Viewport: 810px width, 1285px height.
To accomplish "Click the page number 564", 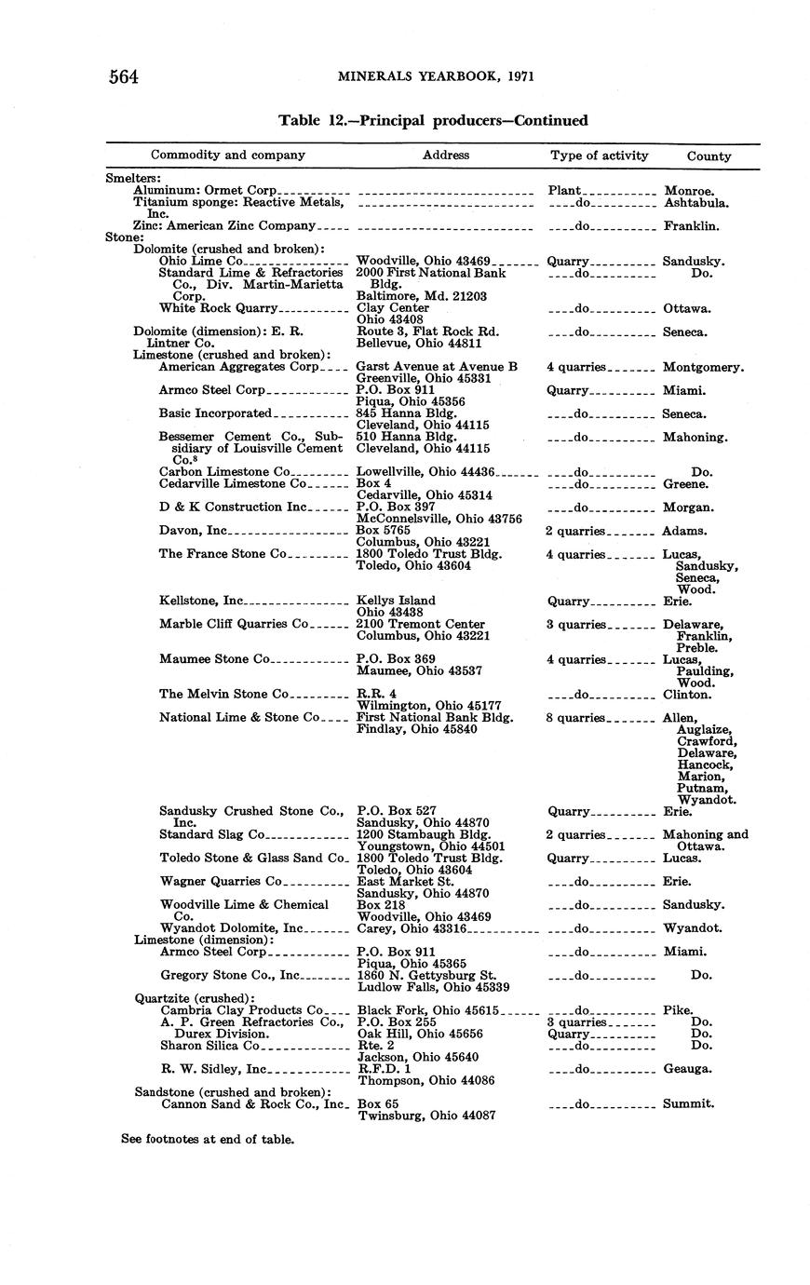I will pyautogui.click(x=124, y=77).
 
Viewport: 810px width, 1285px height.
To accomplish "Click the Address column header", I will pyautogui.click(x=446, y=156).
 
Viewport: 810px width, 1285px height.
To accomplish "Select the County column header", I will pyautogui.click(x=709, y=156).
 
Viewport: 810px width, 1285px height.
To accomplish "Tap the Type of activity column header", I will pyautogui.click(x=599, y=156).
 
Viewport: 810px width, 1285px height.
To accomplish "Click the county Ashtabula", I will pyautogui.click(x=695, y=202).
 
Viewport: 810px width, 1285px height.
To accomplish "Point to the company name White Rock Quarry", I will pyautogui.click(x=219, y=308).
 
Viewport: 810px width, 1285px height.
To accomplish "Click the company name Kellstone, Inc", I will pyautogui.click(x=201, y=602).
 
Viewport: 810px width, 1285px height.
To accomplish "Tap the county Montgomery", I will pyautogui.click(x=703, y=367).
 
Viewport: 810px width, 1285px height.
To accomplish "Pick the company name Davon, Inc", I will pyautogui.click(x=194, y=531).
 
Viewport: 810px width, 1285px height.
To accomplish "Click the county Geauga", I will pyautogui.click(x=688, y=1069).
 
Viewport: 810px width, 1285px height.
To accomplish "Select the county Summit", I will pyautogui.click(x=689, y=1104).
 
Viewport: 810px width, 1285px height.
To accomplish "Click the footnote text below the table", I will pyautogui.click(x=208, y=1139).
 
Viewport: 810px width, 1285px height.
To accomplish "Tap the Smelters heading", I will pyautogui.click(x=133, y=178).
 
